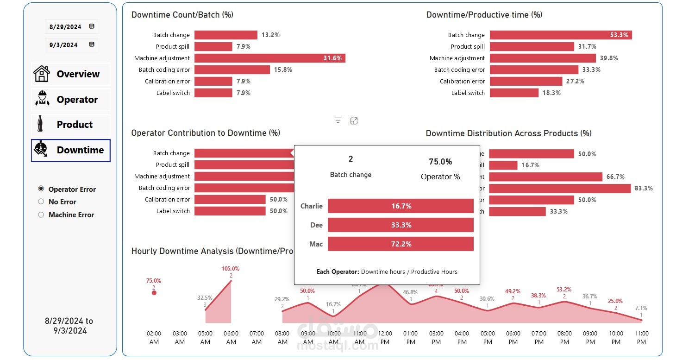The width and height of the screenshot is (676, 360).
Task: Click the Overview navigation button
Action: pos(71,74)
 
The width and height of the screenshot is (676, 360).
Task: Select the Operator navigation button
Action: pos(71,100)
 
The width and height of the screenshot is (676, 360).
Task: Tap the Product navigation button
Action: pos(71,125)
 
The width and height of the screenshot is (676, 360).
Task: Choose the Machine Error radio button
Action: pos(41,215)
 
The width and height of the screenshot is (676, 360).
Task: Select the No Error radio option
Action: pos(41,202)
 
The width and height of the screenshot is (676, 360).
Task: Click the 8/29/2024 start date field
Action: pos(65,27)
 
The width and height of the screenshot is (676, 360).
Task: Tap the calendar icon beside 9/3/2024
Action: pos(91,44)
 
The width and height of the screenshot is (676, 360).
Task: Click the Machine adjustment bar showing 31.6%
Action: pos(269,58)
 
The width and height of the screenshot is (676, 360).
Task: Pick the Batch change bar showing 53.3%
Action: pos(560,35)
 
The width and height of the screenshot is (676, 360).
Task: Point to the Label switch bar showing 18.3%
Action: pos(514,93)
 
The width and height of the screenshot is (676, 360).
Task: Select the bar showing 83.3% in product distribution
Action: pos(560,189)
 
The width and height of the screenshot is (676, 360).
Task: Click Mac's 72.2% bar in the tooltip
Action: pos(401,244)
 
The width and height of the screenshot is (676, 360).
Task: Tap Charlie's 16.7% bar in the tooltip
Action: pos(401,206)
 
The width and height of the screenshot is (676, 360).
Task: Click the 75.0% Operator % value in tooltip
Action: pos(440,162)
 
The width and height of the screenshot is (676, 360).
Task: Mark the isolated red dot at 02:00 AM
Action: pos(154,293)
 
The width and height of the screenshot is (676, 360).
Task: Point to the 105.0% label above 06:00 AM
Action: pos(231,269)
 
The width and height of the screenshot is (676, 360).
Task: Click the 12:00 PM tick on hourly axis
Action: pos(385,337)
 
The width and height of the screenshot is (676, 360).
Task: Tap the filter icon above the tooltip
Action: pos(338,121)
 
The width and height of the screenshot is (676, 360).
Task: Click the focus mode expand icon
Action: pos(354,121)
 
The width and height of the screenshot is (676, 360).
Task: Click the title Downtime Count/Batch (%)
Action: pos(182,15)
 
